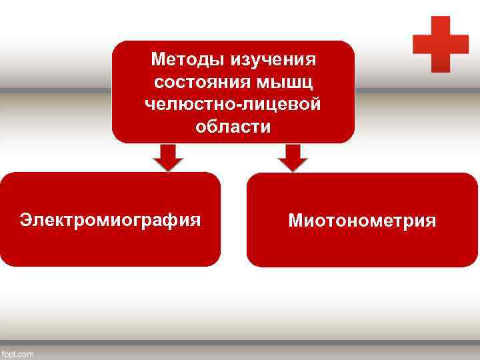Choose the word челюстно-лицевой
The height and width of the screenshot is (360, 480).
point(233,105)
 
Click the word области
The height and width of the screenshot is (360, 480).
point(233,127)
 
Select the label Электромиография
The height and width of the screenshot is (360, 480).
point(110,219)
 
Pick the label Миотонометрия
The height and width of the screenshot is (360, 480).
point(362,221)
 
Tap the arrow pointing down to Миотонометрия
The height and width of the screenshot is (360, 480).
point(292,157)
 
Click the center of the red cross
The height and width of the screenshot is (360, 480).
point(441,44)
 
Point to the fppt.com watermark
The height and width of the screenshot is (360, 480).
point(18,353)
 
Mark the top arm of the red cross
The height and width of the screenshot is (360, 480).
point(441,25)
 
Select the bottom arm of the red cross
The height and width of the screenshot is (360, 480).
point(441,63)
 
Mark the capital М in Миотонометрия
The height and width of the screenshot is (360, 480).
point(295,221)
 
